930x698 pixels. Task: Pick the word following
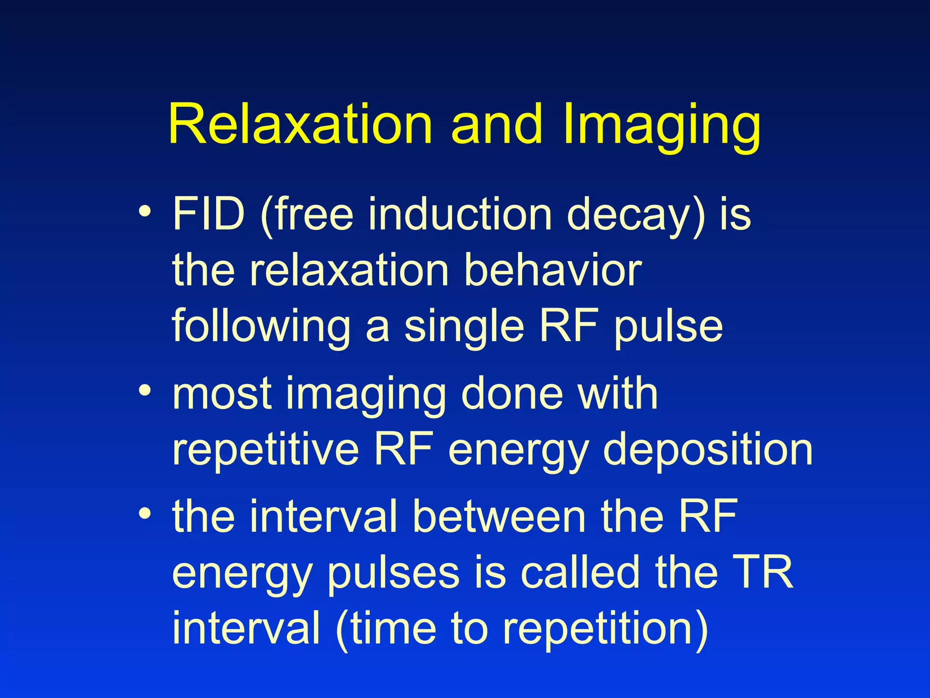[x=261, y=327]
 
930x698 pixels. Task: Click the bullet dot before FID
[x=144, y=212]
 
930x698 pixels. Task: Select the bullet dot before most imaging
[x=144, y=391]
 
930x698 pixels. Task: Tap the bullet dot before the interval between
[x=144, y=514]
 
